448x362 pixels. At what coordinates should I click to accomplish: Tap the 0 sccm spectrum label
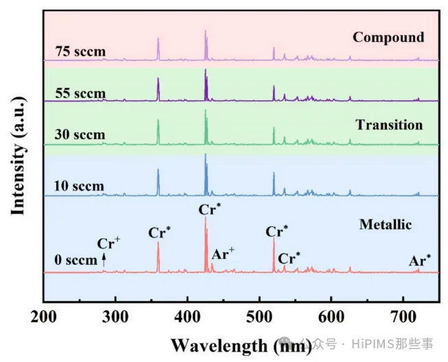(x=75, y=261)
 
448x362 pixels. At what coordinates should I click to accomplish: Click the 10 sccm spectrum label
(x=80, y=186)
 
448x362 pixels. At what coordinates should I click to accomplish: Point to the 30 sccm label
(x=80, y=135)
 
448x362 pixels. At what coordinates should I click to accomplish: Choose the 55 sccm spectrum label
(x=80, y=93)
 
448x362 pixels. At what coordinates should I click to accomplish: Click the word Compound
(x=388, y=37)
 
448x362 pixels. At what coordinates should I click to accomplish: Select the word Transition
(x=389, y=125)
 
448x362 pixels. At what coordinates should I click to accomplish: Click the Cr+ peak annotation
(x=108, y=243)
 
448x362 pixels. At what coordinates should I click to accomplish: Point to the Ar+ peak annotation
(x=223, y=254)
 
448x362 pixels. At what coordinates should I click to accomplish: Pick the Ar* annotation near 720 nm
(x=420, y=260)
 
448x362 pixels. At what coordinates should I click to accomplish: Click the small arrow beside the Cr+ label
(x=104, y=259)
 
